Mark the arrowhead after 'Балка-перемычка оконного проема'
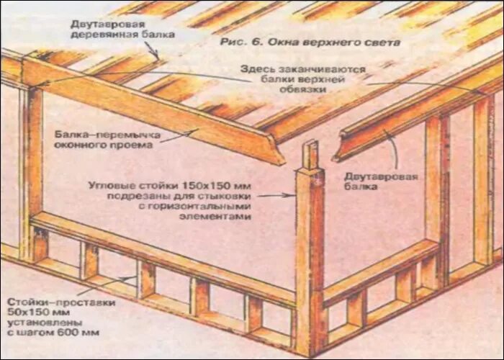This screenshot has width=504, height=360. tap(195, 130)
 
